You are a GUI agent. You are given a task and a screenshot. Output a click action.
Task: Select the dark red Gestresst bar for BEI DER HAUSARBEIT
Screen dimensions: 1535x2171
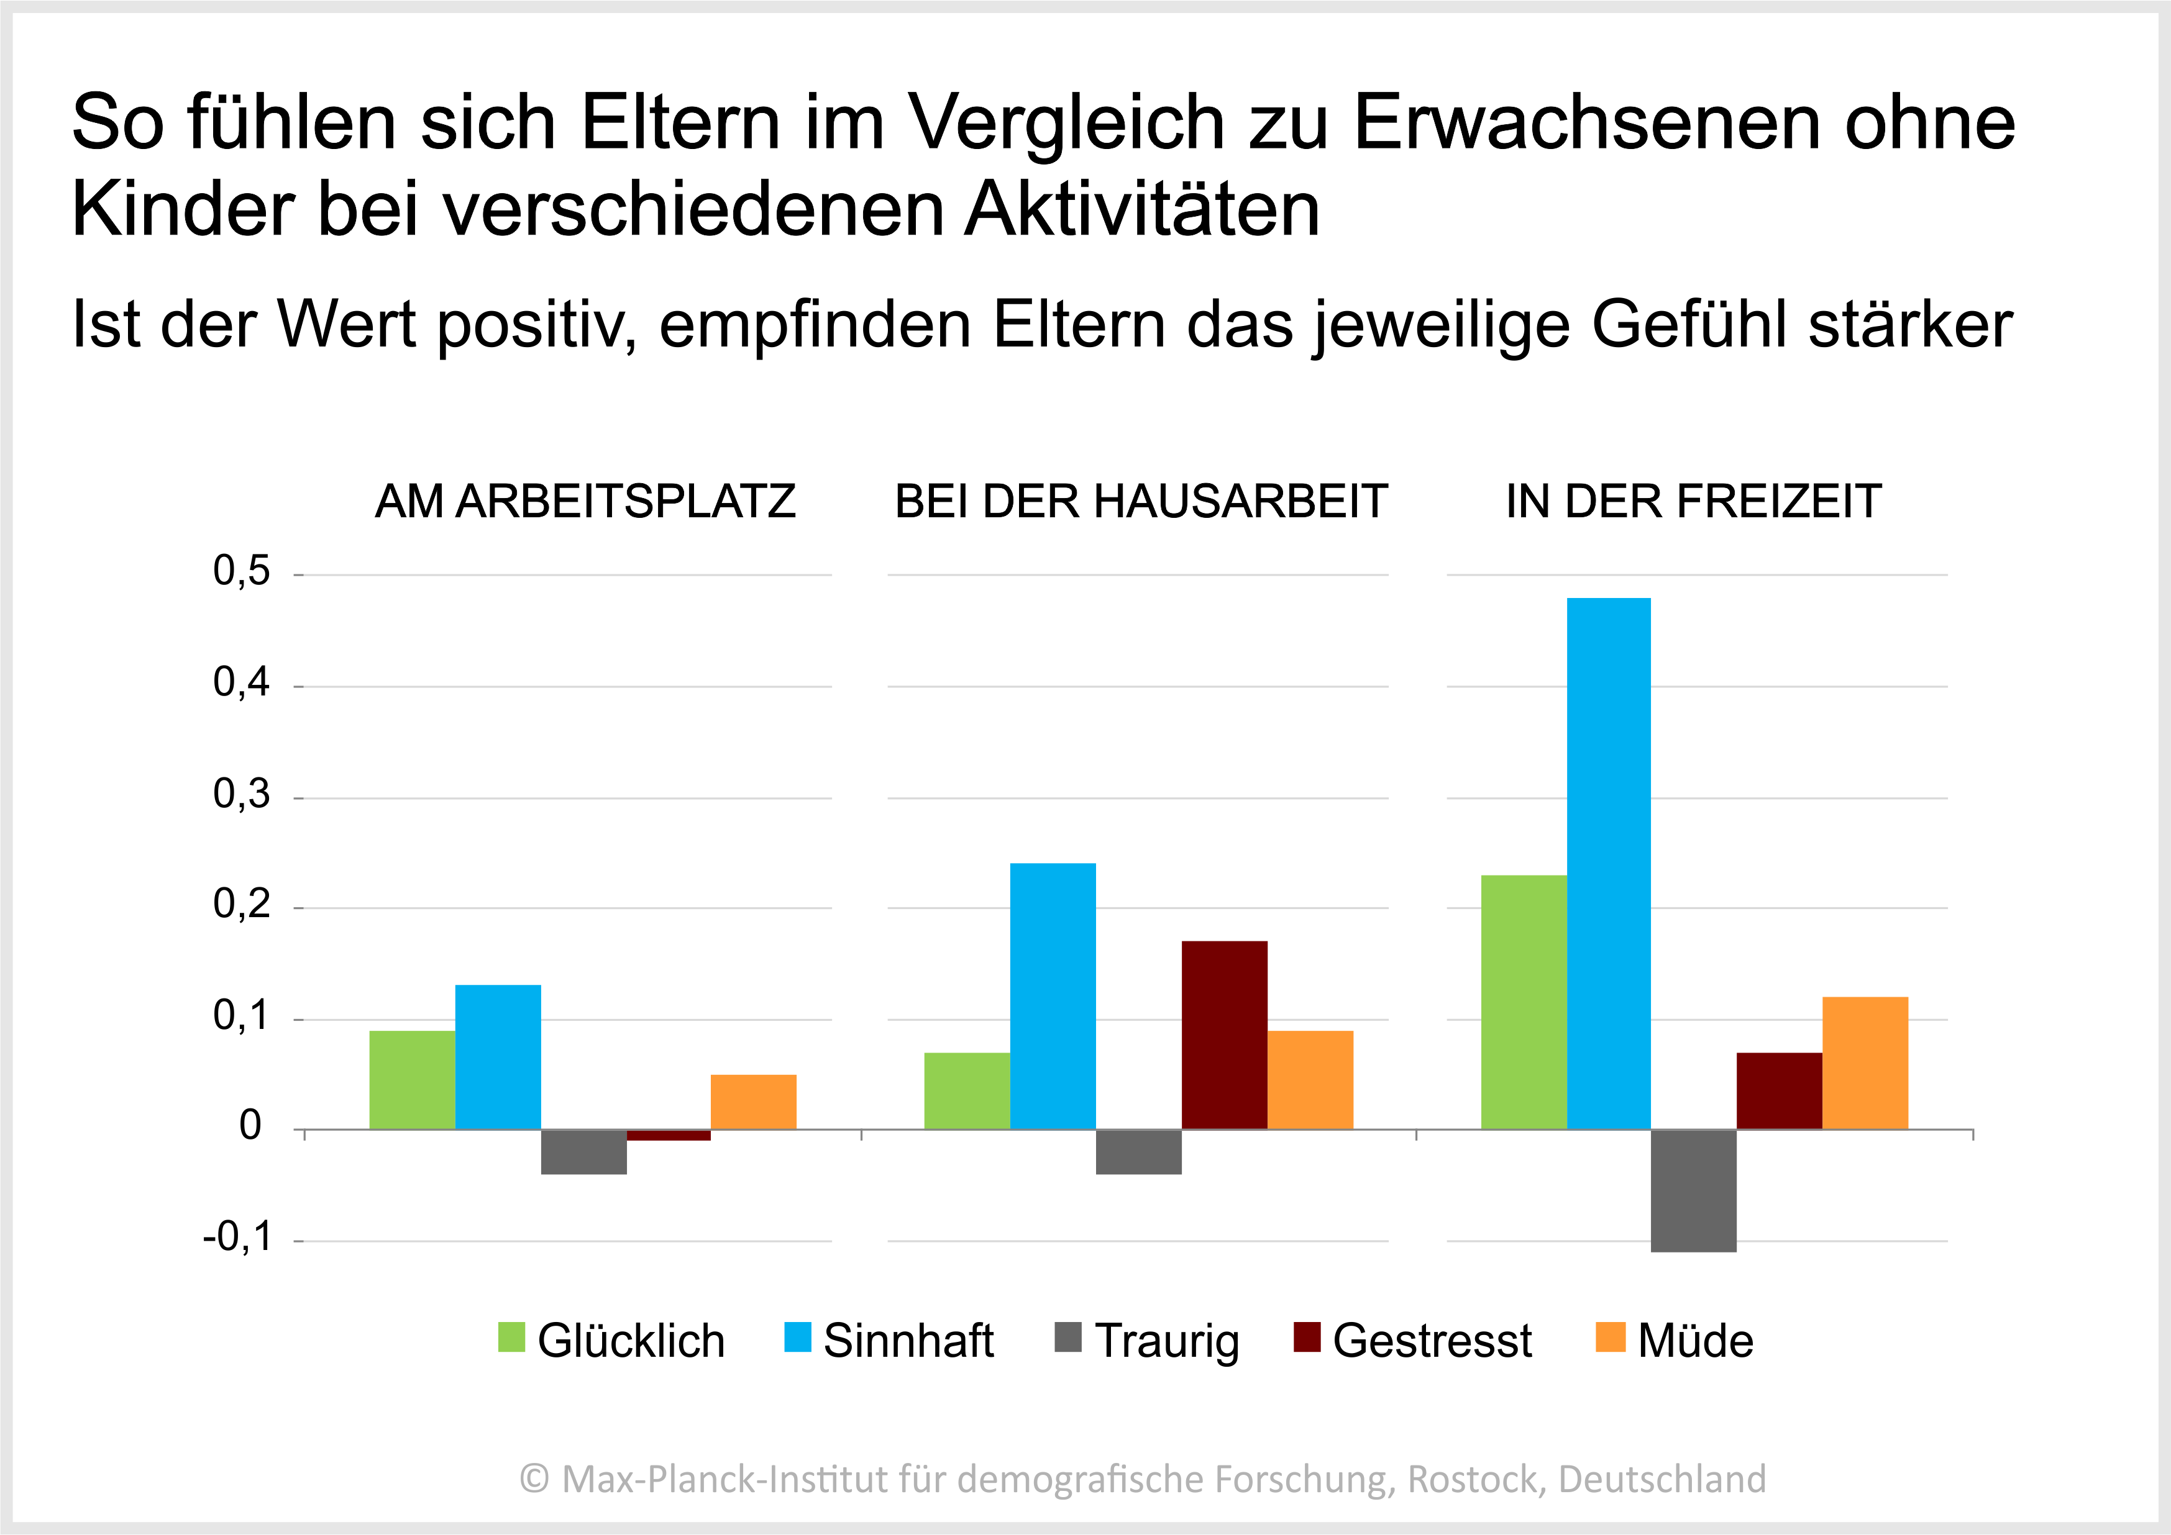click(x=1225, y=1035)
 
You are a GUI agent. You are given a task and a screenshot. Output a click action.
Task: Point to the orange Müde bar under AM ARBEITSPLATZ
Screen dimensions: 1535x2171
click(x=754, y=1102)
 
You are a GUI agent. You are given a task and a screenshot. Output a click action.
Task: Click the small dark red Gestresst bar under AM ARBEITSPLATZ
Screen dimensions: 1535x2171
click(x=669, y=1135)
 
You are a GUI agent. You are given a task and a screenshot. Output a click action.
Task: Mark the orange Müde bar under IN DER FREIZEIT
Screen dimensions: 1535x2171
click(x=1865, y=1063)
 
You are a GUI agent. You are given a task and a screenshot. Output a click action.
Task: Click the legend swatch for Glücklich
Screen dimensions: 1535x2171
click(x=511, y=1338)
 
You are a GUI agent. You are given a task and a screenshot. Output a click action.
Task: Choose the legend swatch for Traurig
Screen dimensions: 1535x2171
click(x=1067, y=1338)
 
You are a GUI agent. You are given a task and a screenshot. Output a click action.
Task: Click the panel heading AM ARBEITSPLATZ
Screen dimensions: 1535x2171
click(x=585, y=502)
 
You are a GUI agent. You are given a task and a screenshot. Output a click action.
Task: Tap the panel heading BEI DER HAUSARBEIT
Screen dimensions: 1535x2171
click(x=1140, y=502)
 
